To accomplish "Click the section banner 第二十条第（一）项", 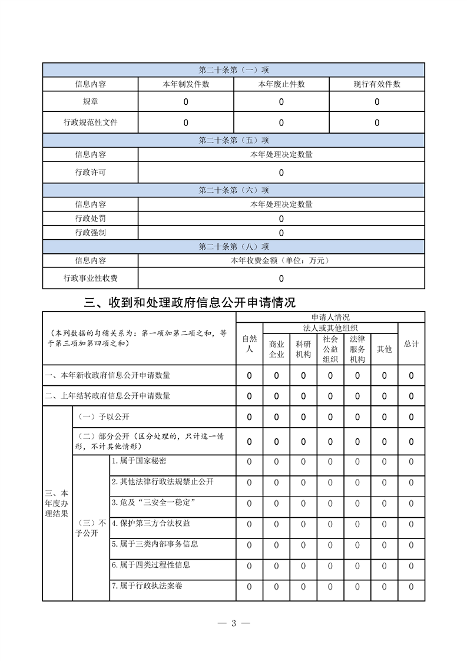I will click(233, 70).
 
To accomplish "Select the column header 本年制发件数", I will click(186, 84).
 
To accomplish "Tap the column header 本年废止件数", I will click(281, 84).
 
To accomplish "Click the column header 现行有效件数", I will click(377, 84).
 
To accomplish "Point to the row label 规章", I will click(90, 102).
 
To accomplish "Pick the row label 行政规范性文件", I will click(90, 123).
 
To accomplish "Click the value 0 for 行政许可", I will click(281, 173).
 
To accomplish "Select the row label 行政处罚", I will click(90, 219).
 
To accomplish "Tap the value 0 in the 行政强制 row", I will click(281, 233).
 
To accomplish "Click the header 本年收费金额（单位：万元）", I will click(281, 260).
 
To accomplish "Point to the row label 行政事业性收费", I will click(90, 278).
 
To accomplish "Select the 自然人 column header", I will click(249, 343).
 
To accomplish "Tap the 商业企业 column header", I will click(276, 349).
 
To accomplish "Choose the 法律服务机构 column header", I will click(357, 349).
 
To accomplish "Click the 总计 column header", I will click(411, 343).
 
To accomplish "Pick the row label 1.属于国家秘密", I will click(143, 461).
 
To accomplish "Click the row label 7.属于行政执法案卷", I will click(151, 586).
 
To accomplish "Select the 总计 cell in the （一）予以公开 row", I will click(411, 417).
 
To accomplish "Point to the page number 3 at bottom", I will click(233, 623).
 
